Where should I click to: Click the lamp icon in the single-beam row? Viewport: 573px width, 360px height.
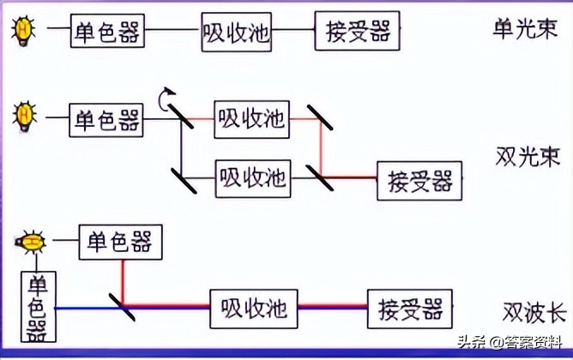pos(23,31)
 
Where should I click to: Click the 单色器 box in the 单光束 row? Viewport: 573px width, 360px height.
pos(107,32)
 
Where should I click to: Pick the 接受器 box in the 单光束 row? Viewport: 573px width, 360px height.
pos(358,31)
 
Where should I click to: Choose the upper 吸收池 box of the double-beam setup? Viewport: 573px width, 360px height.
pos(251,118)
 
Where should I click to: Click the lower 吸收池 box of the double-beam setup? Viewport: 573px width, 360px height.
pos(251,177)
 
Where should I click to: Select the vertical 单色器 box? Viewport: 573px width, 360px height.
pos(39,306)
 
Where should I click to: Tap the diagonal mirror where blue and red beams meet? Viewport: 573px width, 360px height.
pos(123,303)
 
